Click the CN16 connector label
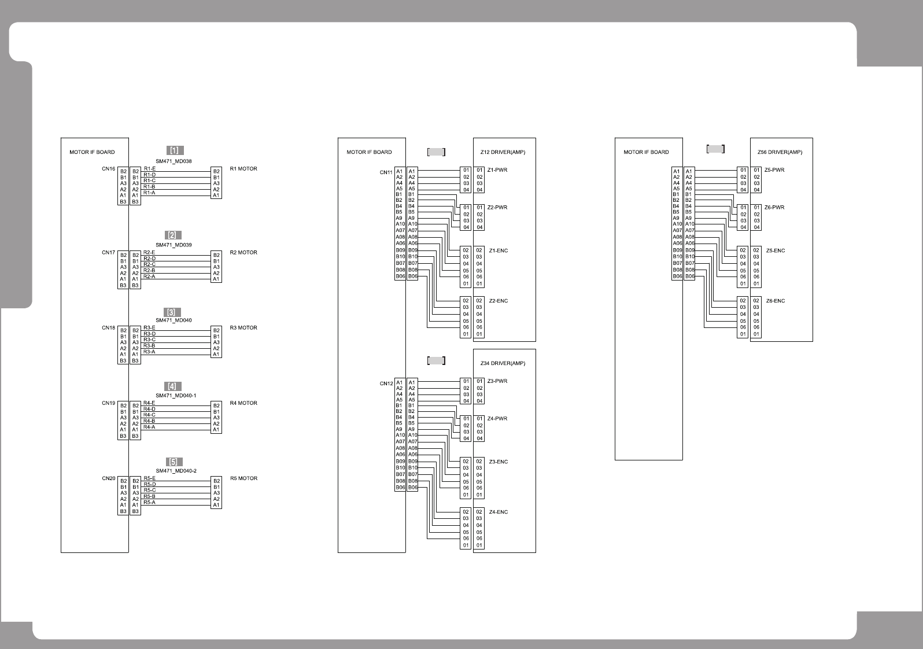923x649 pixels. point(109,169)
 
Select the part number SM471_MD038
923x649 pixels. point(173,161)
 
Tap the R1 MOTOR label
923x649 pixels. point(243,169)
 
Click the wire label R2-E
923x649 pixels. point(149,253)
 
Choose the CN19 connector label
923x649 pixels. point(109,403)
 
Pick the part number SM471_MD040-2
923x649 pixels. point(176,471)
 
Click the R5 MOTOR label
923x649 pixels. point(243,478)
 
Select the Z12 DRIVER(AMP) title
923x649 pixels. point(503,152)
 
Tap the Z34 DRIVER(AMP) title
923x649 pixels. point(503,363)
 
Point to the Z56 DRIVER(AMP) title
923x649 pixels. point(780,152)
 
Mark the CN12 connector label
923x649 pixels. point(386,383)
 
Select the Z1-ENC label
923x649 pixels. point(498,251)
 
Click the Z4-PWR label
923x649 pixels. point(497,419)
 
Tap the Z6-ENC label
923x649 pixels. point(776,301)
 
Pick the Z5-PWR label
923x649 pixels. point(774,170)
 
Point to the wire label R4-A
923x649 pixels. point(149,427)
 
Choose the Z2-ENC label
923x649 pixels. point(498,301)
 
